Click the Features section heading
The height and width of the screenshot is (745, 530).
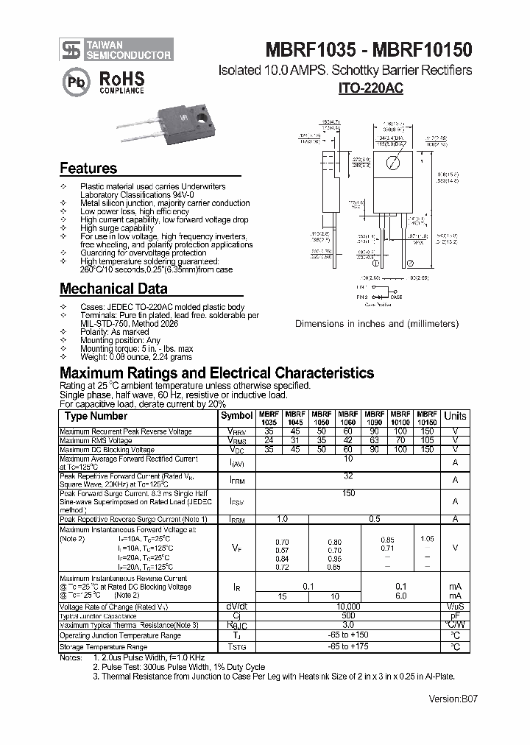[x=88, y=169]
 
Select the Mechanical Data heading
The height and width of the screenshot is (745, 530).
[x=113, y=289]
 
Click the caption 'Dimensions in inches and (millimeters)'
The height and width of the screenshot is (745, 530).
[x=377, y=324]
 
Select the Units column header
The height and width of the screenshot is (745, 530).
[x=456, y=416]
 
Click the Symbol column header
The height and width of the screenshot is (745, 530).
[x=236, y=416]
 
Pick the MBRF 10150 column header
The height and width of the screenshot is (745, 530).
[x=427, y=418]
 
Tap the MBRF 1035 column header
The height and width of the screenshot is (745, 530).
[x=268, y=418]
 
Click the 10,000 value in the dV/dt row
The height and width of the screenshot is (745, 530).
[x=348, y=607]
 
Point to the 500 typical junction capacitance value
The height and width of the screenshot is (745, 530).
[x=348, y=615]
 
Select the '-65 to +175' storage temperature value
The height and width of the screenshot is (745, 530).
[x=348, y=646]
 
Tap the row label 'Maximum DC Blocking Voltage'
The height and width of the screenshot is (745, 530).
[x=107, y=450]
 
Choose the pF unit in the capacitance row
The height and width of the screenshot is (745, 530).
[x=456, y=615]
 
